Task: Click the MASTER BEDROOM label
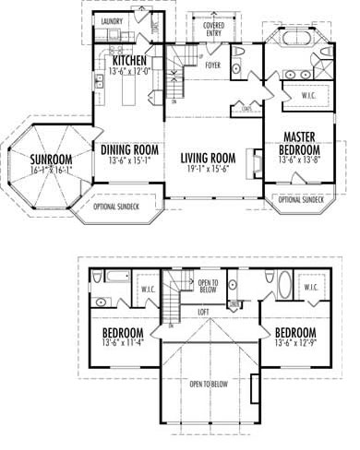(x=301, y=144)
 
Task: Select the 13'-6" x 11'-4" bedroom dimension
(x=122, y=344)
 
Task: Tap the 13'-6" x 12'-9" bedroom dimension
(x=295, y=344)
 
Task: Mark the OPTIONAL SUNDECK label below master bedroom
(x=301, y=199)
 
